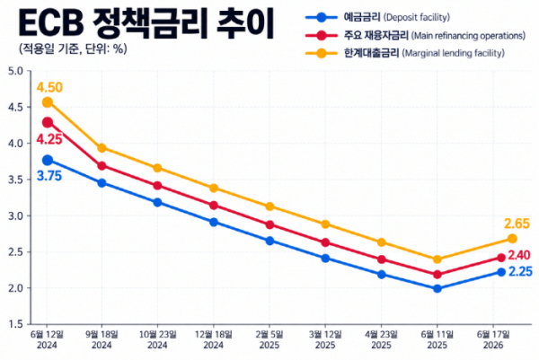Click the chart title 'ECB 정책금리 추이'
(x=146, y=23)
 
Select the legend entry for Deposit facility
(x=377, y=17)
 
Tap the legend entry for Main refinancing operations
(x=416, y=35)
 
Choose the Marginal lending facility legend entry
(x=405, y=53)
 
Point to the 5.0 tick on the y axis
(x=14, y=71)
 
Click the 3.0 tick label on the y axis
(x=14, y=216)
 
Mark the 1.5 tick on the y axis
(x=14, y=324)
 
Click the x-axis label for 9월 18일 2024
(x=102, y=339)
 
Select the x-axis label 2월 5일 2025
(x=269, y=339)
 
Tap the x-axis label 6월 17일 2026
(x=493, y=339)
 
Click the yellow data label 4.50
(x=49, y=87)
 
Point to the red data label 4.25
(x=49, y=139)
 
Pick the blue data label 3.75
(x=49, y=176)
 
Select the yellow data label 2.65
(x=517, y=224)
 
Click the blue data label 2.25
(x=520, y=272)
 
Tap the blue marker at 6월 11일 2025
(x=437, y=288)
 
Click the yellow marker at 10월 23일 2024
(x=157, y=168)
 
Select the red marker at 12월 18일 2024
(x=214, y=206)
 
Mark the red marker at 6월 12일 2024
(x=48, y=122)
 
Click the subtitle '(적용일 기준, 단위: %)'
(x=73, y=48)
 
